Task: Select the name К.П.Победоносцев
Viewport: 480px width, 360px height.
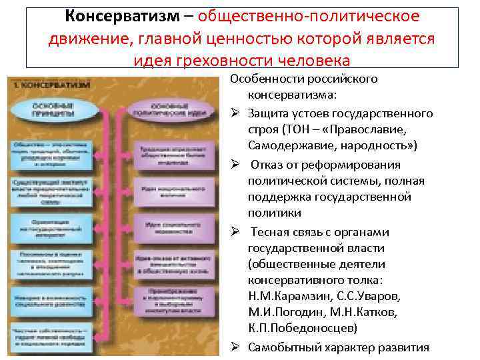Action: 302,329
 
